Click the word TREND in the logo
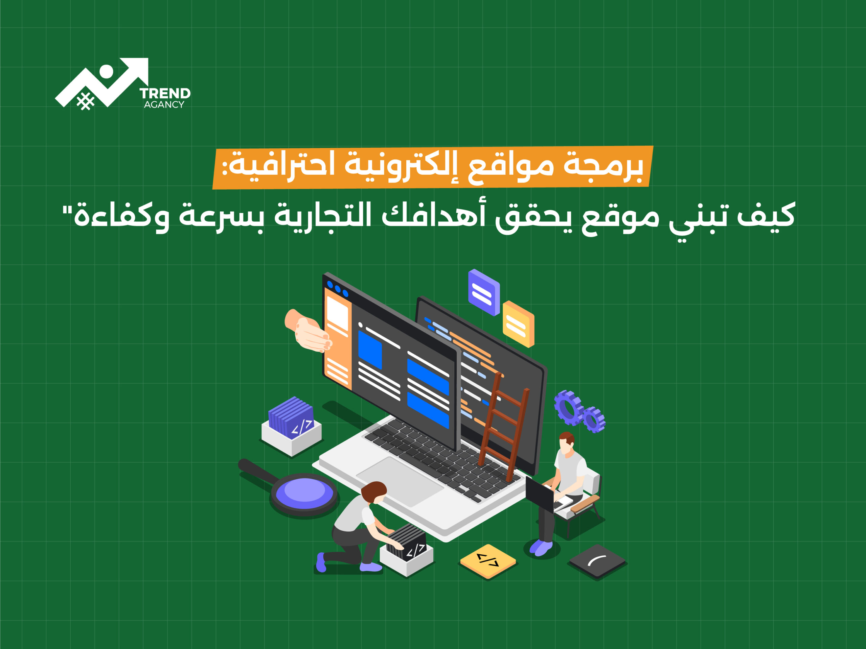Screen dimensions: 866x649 tap(165, 94)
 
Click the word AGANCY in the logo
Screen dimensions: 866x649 tap(164, 104)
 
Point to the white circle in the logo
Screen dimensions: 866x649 tap(106, 72)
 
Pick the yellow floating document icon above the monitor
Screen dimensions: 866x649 tap(518, 324)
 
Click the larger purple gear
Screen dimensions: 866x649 tap(568, 407)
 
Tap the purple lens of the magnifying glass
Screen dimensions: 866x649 tap(304, 492)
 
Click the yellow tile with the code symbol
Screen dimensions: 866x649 tap(488, 561)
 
